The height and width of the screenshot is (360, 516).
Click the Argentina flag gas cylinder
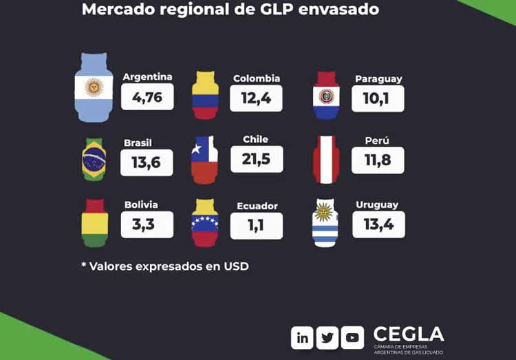tap(94, 87)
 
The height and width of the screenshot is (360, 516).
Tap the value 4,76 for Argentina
tap(147, 97)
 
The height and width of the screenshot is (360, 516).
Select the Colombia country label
tap(257, 78)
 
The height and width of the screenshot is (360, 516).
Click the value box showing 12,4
tap(256, 98)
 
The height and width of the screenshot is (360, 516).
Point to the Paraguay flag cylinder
tap(326, 95)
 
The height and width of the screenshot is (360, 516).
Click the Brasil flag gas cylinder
tap(94, 159)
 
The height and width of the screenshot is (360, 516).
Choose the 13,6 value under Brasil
tap(147, 162)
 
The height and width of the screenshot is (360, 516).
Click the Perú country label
tap(377, 141)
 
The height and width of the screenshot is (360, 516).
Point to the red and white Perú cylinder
tap(326, 159)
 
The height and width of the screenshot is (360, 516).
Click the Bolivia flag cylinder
tap(94, 222)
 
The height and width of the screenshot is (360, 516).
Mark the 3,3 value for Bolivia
tap(147, 225)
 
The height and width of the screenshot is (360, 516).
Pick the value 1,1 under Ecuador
tap(256, 226)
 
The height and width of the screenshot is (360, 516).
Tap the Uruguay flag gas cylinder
tap(325, 222)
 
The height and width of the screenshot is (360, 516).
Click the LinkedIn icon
tap(303, 337)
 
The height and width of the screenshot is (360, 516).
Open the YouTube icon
tap(352, 337)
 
